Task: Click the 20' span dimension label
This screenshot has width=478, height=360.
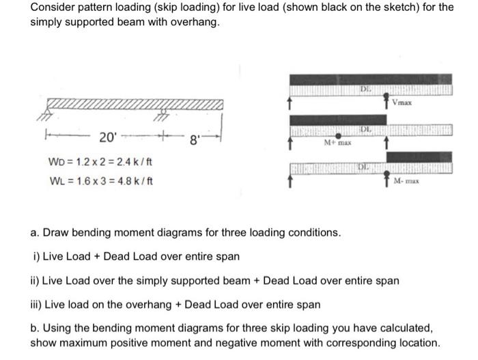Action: (x=107, y=137)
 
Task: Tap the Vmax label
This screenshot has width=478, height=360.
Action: (x=404, y=103)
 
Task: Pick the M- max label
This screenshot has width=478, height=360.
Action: (x=408, y=181)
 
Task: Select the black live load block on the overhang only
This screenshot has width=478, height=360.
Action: (x=418, y=156)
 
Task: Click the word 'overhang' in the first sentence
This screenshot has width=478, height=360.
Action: (x=195, y=22)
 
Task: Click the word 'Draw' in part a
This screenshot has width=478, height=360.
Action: (x=56, y=233)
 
